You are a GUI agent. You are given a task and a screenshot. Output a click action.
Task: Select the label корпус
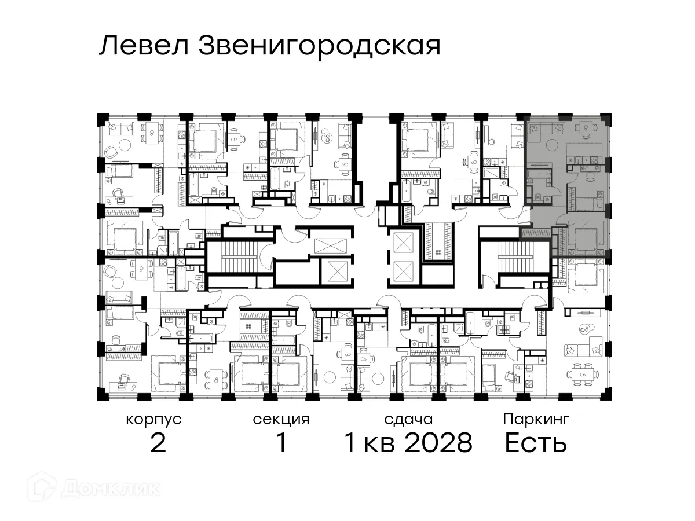[153, 419]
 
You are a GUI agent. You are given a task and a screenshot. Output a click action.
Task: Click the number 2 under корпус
[158, 443]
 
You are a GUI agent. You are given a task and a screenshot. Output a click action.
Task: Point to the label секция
[281, 419]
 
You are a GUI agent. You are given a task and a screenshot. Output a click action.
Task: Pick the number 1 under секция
[281, 443]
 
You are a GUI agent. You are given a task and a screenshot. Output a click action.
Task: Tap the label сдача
[408, 419]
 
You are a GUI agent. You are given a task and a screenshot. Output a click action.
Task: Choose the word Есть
[535, 443]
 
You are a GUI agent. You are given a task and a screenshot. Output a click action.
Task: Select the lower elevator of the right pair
[404, 270]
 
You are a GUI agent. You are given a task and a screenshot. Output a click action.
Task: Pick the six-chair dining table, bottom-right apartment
[581, 374]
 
